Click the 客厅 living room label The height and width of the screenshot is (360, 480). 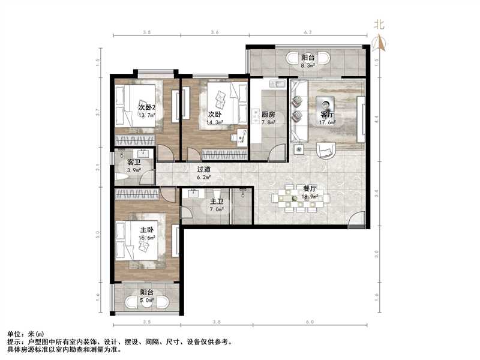point(327,115)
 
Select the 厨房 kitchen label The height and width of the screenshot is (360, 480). point(268,115)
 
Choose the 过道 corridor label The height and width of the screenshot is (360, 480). point(204,170)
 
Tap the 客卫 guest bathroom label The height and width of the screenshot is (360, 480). point(133,163)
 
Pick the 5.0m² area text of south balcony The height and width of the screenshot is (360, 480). point(147,301)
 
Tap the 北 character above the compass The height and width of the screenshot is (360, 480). point(378,25)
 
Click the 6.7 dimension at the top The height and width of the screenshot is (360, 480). point(308,32)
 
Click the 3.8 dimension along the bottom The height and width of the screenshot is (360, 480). point(216,322)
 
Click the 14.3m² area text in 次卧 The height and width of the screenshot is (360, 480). point(215,121)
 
